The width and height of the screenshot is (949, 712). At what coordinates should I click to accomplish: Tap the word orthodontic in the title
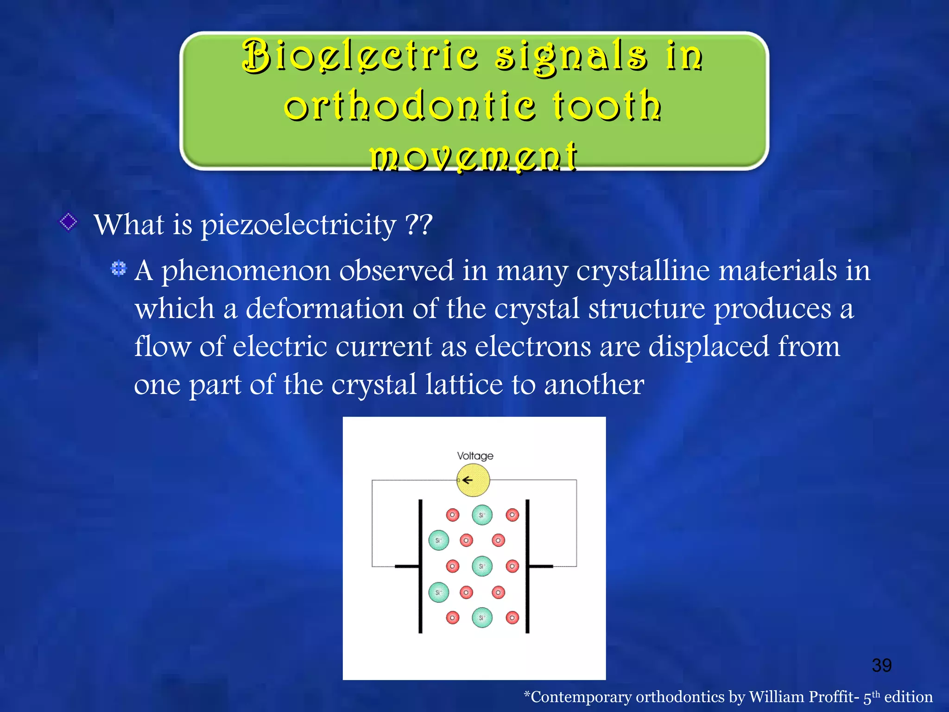410,107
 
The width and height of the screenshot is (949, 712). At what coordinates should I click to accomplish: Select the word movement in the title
474,156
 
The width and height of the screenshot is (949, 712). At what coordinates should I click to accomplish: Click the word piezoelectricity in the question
298,225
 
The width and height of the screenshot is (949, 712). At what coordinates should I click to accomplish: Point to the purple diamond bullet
69,222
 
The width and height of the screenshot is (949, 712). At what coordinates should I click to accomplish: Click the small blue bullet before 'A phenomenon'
119,268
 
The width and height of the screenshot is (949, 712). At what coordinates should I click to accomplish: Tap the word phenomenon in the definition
246,271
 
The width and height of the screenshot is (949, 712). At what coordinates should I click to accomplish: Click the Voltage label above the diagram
475,456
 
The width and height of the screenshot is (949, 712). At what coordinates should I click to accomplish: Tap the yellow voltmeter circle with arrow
473,480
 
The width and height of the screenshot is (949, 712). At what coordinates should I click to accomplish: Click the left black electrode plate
420,566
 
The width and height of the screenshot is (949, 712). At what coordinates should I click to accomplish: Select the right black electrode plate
527,566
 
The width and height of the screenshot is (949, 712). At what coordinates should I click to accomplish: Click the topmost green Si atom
482,515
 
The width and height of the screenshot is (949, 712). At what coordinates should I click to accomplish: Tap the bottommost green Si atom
482,617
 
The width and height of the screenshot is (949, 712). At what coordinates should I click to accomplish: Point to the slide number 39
881,666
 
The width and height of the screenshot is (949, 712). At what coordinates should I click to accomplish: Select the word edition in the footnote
908,697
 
